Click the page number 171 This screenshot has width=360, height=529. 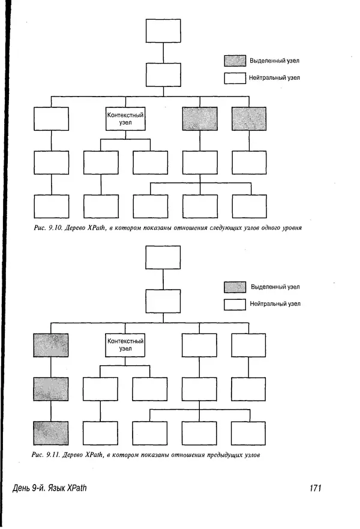tap(316, 488)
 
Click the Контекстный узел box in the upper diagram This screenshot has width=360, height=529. tap(125, 118)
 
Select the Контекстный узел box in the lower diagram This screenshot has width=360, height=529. tap(125, 345)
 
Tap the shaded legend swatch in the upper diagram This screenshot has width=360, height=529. tap(235, 61)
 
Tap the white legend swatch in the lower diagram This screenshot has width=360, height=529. tap(235, 304)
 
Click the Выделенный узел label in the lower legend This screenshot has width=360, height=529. tap(275, 287)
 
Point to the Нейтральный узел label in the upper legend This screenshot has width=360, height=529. tap(275, 78)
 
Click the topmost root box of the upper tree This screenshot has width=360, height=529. tap(163, 31)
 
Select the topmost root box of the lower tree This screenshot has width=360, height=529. tap(163, 257)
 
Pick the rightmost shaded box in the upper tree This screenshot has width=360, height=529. tap(249, 119)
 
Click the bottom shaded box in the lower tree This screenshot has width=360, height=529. tap(51, 433)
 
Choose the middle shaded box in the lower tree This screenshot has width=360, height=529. tap(51, 389)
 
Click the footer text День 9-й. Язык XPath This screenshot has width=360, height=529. tap(50, 488)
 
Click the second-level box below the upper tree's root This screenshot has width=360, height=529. tap(163, 74)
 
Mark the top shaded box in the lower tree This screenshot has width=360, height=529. tap(51, 345)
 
